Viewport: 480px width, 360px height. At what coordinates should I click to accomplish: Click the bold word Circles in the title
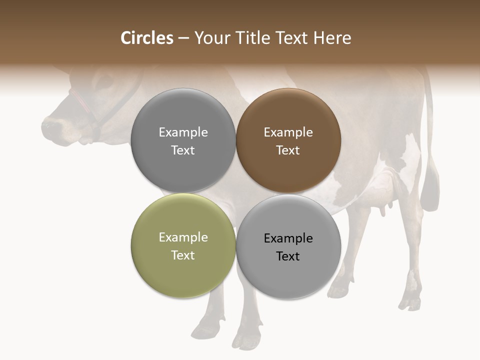(147, 38)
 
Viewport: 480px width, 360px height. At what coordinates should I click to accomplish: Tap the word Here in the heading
(332, 38)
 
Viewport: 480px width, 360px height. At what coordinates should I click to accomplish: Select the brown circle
(288, 140)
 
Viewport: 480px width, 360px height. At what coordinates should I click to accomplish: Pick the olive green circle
(183, 245)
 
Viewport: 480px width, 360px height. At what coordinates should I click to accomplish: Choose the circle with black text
(288, 246)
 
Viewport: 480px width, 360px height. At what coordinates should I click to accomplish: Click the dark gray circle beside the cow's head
(183, 140)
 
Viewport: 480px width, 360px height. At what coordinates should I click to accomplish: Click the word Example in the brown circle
(288, 132)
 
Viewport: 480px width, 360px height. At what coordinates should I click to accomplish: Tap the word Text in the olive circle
(183, 255)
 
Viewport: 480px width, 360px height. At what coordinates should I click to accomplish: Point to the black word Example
(288, 238)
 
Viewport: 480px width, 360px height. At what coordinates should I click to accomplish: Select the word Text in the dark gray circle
(183, 150)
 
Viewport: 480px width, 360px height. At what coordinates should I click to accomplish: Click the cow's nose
(50, 125)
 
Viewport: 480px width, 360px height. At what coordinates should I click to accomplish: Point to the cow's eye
(104, 80)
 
